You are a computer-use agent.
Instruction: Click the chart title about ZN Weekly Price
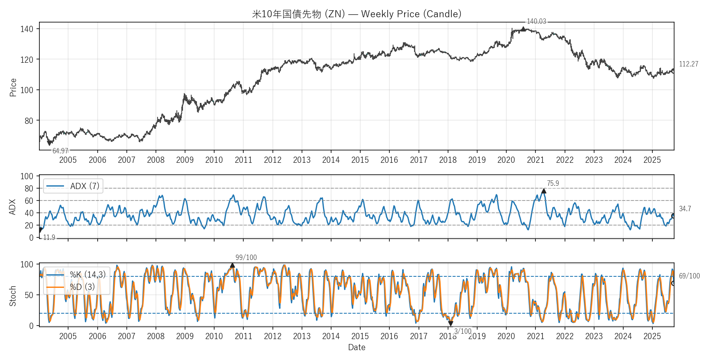coord(357,14)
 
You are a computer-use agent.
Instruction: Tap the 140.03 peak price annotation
coord(536,21)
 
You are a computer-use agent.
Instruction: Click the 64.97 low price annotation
coord(60,151)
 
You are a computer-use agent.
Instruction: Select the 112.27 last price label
coord(688,64)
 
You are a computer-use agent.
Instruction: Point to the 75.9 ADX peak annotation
coord(553,183)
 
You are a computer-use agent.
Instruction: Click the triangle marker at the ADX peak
coord(544,191)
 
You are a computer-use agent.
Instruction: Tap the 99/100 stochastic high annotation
coord(246,257)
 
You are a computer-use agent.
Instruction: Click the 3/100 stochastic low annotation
coord(462,331)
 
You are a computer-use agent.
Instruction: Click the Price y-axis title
coord(13,87)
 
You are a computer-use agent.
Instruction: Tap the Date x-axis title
coord(357,347)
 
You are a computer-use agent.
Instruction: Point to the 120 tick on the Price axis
coord(27,59)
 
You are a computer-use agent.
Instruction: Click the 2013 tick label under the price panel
coord(302,160)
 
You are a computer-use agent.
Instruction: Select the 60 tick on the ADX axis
coord(29,201)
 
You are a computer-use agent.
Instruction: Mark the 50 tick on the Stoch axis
coord(29,295)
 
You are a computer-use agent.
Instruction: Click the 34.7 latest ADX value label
coord(685,209)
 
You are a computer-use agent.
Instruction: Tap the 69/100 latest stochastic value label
coord(689,276)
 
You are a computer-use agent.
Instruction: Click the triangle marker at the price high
coord(523,29)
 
